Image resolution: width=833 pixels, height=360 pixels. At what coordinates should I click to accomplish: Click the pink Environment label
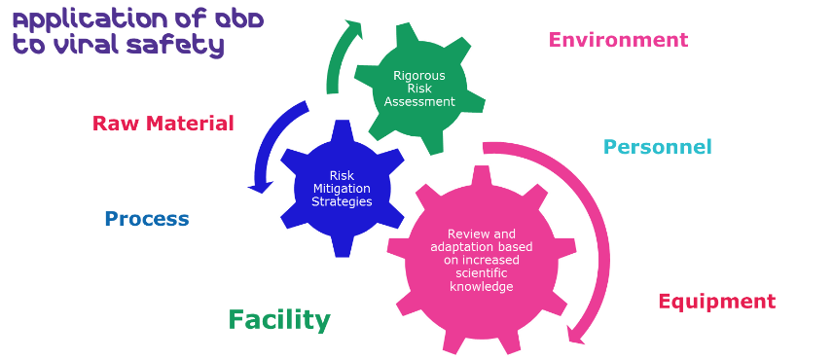pyautogui.click(x=618, y=40)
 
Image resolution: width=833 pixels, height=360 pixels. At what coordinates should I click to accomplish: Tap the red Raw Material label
pyautogui.click(x=163, y=124)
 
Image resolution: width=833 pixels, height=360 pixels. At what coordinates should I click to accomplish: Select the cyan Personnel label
pyautogui.click(x=658, y=147)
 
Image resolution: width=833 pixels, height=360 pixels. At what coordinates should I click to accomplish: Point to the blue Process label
pyautogui.click(x=147, y=219)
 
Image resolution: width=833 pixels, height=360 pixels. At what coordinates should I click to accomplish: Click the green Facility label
pyautogui.click(x=279, y=320)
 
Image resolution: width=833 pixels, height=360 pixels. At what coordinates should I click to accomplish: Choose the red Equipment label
pyautogui.click(x=716, y=302)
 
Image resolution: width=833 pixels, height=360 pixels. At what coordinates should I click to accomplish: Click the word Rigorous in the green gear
pyautogui.click(x=419, y=75)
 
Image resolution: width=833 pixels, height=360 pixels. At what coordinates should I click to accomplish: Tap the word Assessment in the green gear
pyautogui.click(x=419, y=101)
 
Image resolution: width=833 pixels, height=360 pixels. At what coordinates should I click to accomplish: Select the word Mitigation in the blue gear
pyautogui.click(x=342, y=189)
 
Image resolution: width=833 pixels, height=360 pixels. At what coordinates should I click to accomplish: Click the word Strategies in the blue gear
pyautogui.click(x=342, y=201)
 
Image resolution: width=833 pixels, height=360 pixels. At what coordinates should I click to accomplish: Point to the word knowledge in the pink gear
pyautogui.click(x=482, y=286)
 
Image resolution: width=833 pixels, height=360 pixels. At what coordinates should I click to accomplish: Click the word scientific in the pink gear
pyautogui.click(x=482, y=273)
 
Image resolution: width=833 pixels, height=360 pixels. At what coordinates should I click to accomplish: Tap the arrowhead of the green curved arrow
pyautogui.click(x=354, y=29)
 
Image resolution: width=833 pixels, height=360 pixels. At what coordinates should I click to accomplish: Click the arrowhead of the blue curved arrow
pyautogui.click(x=262, y=187)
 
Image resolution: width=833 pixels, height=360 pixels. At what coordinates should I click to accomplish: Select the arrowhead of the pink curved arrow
pyautogui.click(x=575, y=336)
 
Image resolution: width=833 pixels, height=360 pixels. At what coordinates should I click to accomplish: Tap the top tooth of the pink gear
pyautogui.click(x=482, y=176)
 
